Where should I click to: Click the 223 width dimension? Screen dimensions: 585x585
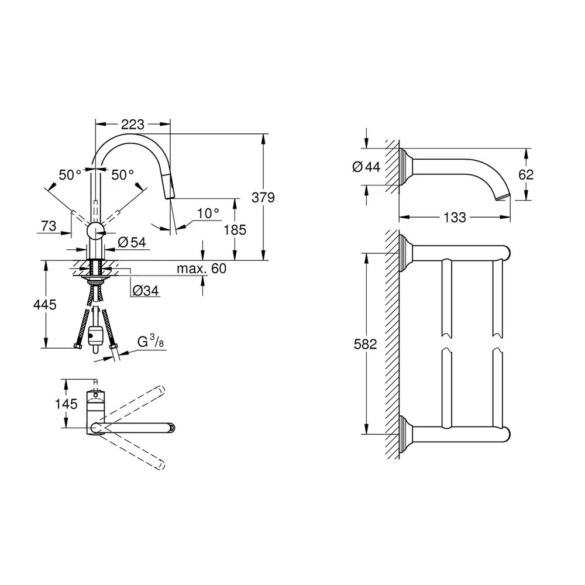pyautogui.click(x=133, y=125)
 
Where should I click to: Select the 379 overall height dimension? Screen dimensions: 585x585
pyautogui.click(x=263, y=197)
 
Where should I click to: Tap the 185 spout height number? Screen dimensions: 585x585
pyautogui.click(x=235, y=230)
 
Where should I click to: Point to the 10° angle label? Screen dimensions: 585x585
pyautogui.click(x=208, y=214)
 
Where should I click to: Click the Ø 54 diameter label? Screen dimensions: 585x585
pyautogui.click(x=132, y=243)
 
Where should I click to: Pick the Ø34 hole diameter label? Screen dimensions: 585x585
pyautogui.click(x=146, y=290)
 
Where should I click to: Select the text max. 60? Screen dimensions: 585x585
pyautogui.click(x=201, y=269)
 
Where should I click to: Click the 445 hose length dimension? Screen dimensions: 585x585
pyautogui.click(x=45, y=305)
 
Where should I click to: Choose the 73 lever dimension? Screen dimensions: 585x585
pyautogui.click(x=49, y=226)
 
